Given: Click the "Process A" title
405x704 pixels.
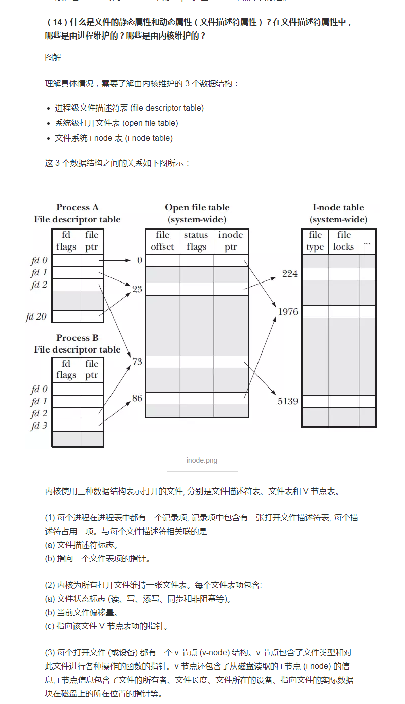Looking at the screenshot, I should (78, 207).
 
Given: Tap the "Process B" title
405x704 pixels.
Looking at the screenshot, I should (78, 338).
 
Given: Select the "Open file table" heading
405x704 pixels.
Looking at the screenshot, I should (197, 207).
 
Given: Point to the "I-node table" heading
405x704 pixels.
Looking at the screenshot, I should (338, 207).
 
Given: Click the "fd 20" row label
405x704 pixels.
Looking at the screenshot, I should (36, 316).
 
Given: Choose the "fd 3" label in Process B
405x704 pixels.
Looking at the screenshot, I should (39, 426).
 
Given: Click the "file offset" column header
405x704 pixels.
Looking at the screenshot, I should (162, 241).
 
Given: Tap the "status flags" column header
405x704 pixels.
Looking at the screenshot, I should (196, 241).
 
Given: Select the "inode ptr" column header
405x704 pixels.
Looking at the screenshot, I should (231, 241).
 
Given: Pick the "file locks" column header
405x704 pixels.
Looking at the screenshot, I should (344, 241).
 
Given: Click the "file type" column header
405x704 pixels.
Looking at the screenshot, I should (315, 241).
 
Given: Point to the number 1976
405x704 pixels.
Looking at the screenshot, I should (288, 312).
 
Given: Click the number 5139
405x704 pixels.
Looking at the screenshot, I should (288, 401).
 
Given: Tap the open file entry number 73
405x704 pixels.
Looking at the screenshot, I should (137, 362).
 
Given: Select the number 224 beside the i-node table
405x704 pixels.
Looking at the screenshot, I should (290, 274).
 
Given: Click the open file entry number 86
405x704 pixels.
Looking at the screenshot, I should (137, 398).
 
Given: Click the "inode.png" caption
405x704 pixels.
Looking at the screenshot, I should (202, 460).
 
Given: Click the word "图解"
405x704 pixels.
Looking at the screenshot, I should (53, 57).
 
